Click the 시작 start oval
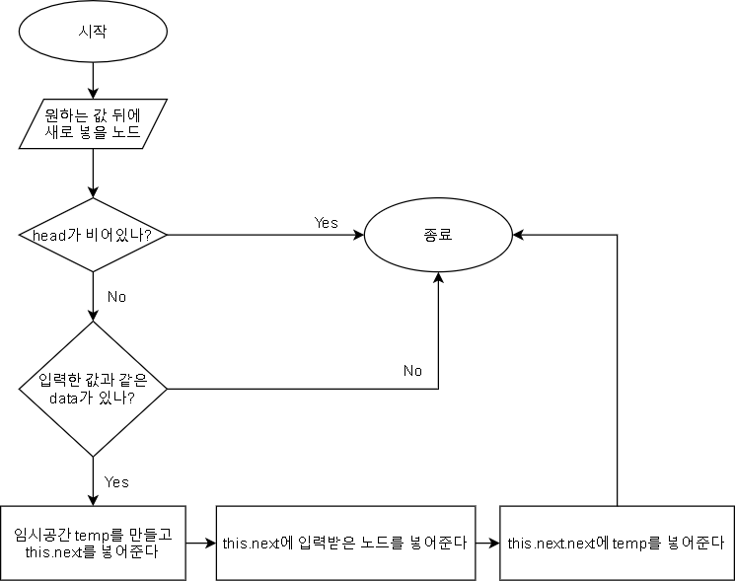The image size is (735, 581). coord(93,31)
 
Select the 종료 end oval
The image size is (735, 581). coord(438,236)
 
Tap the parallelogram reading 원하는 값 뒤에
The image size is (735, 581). coord(93,121)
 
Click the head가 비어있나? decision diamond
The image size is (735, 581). coord(93,236)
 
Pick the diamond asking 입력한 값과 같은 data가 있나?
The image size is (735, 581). coord(93,388)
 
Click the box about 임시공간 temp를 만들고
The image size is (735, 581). coord(93,543)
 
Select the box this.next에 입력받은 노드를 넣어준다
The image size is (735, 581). coord(343,543)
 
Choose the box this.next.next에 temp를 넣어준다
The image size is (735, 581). coord(616,543)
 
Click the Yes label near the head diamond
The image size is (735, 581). coord(326,223)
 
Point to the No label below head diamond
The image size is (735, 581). coord(116,296)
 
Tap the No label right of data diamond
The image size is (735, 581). coord(412,371)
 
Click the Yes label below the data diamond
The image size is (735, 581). coord(116,482)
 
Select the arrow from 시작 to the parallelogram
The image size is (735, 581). coord(93,77)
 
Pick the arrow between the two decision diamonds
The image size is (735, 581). coord(93,296)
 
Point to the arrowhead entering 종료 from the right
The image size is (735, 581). coord(517,236)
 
